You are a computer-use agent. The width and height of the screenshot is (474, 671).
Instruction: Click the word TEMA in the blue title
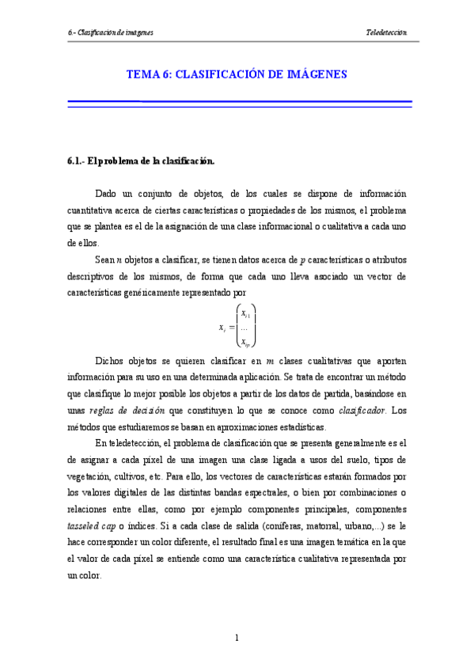143,74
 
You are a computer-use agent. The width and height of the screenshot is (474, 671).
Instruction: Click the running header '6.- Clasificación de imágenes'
111,32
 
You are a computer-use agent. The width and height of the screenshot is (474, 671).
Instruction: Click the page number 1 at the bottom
237,637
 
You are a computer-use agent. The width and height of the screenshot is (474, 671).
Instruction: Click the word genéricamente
165,293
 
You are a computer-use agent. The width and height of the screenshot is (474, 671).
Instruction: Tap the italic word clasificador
362,411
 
